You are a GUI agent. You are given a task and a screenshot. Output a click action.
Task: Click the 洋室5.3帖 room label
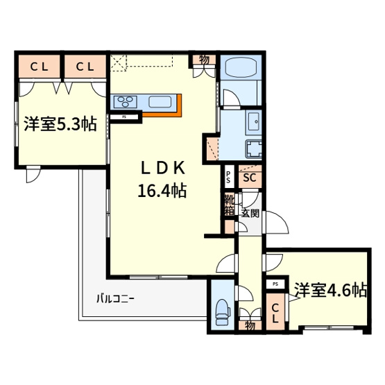point(60,125)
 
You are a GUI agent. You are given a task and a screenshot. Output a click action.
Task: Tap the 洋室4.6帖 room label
point(330,289)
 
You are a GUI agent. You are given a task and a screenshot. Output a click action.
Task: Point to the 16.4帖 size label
point(164,191)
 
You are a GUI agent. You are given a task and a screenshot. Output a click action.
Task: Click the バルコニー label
point(115,300)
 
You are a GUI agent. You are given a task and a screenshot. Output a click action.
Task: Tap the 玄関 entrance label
point(250,214)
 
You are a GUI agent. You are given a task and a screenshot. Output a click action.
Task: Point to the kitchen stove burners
point(125,103)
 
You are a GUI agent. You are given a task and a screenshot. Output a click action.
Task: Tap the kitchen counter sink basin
point(160,103)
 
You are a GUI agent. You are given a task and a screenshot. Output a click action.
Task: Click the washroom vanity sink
point(253,123)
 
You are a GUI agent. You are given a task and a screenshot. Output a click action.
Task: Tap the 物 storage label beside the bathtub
point(205,60)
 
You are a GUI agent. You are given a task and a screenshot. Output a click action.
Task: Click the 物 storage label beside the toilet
point(249,322)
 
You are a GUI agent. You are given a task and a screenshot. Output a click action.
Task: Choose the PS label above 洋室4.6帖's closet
point(275,284)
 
